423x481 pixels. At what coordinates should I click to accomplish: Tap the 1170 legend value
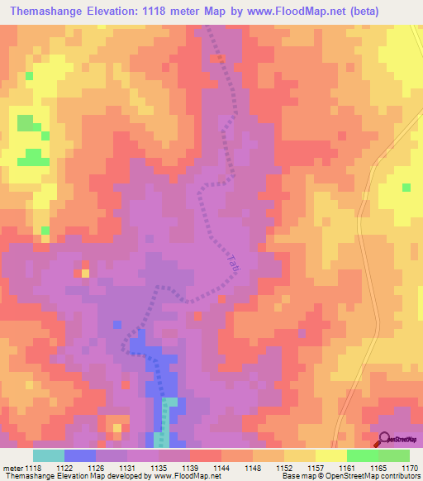(411, 468)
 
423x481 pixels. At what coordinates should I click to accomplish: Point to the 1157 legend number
(316, 468)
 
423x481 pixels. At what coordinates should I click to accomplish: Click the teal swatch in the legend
(49, 455)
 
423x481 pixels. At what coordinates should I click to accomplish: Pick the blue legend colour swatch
(80, 455)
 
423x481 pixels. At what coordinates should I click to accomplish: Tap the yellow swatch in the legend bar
(331, 455)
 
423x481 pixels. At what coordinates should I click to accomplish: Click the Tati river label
(234, 264)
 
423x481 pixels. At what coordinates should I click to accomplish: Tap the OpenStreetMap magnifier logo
(385, 439)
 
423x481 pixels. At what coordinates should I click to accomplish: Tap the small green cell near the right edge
(406, 188)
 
